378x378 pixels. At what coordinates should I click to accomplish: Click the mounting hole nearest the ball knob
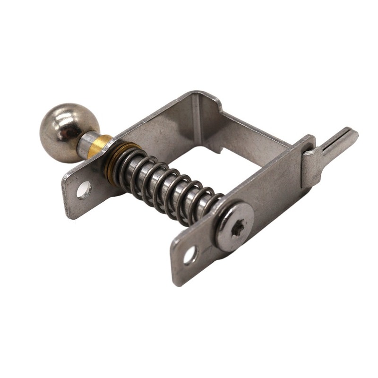coord(84,189)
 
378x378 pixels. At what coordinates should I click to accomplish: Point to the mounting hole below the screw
coord(190,255)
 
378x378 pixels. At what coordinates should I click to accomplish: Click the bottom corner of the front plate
coord(177,283)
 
